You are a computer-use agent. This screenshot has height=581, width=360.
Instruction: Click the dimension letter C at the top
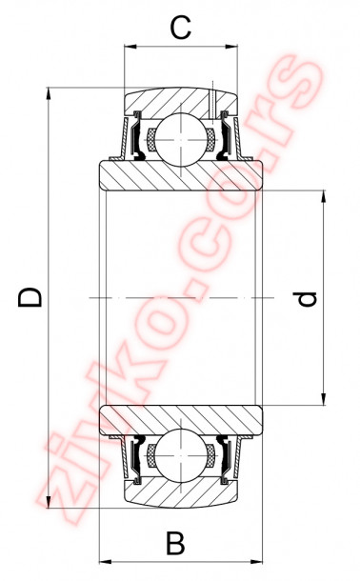[x=180, y=28]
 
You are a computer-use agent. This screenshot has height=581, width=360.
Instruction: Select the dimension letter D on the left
[x=31, y=298]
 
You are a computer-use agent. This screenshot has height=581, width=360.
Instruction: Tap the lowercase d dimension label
[x=305, y=299]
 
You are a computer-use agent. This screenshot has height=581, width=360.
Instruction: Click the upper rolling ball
[x=180, y=136]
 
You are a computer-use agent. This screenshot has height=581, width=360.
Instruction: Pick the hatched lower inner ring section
[x=181, y=420]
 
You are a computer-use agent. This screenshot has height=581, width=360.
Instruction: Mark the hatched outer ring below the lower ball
[x=181, y=490]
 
